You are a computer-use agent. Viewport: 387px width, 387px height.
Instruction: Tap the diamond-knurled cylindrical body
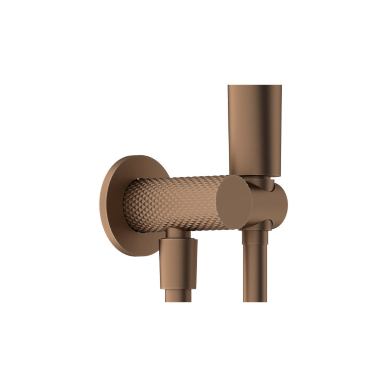click(174, 203)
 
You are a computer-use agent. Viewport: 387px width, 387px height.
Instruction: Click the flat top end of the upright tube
click(254, 86)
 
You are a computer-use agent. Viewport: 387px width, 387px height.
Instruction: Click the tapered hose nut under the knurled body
click(178, 263)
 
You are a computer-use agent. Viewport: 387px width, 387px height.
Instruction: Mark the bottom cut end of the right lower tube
click(255, 301)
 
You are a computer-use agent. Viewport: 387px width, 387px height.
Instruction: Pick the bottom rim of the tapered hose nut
click(178, 288)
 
